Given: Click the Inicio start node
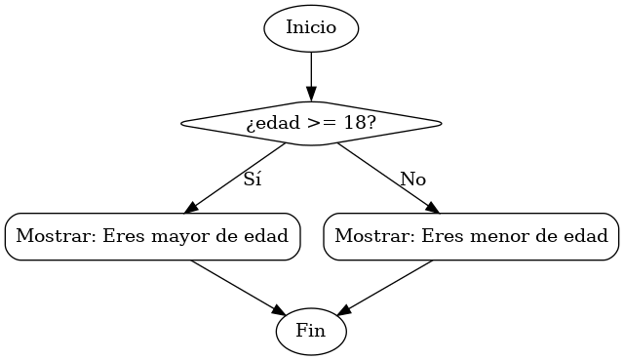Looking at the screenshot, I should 311,27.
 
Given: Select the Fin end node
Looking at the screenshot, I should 311,332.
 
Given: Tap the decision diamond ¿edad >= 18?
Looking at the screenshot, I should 311,124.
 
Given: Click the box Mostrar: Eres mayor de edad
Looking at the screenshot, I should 152,236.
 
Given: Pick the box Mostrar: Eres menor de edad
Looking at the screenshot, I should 471,236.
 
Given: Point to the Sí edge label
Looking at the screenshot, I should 252,180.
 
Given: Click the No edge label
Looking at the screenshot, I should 412,180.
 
